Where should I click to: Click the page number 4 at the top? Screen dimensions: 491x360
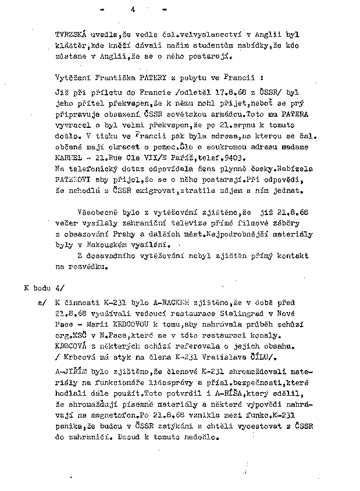133,9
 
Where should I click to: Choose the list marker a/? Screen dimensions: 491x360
41,303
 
